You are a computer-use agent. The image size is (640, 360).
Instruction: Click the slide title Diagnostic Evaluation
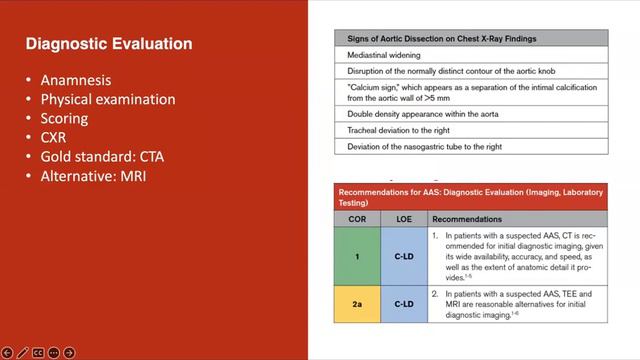click(108, 45)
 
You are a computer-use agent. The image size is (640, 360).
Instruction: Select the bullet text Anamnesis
click(77, 81)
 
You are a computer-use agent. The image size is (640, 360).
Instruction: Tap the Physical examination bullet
click(107, 99)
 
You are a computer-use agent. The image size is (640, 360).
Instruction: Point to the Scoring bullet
click(64, 118)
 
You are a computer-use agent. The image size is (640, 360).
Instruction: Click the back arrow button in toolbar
click(8, 352)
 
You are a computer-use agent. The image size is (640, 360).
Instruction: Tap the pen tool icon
click(22, 352)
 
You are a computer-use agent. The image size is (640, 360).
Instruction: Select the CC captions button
click(38, 352)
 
